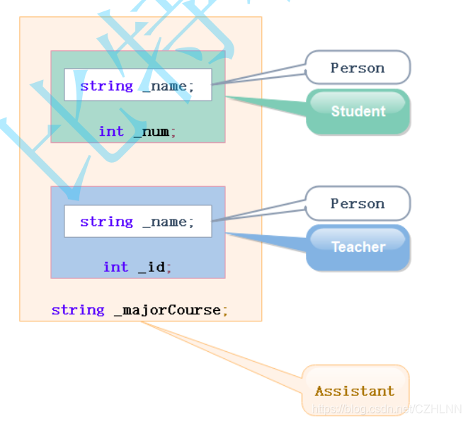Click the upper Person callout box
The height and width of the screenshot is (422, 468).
click(358, 68)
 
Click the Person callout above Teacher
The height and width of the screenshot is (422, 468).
click(358, 204)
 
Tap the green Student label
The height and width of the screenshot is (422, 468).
click(358, 111)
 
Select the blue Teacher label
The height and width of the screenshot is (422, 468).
click(358, 247)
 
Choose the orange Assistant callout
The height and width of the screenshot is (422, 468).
click(355, 391)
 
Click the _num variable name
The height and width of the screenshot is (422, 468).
click(152, 132)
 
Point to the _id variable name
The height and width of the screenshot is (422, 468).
click(152, 267)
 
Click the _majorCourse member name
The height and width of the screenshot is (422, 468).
click(167, 310)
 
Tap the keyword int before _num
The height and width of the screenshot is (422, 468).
click(111, 132)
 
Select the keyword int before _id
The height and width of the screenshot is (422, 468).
click(115, 267)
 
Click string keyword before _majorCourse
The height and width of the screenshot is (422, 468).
click(78, 310)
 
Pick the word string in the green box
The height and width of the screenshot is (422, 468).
click(106, 86)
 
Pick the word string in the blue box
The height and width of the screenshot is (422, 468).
click(106, 222)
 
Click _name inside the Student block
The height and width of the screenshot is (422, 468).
click(164, 86)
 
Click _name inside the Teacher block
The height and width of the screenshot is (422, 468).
click(164, 222)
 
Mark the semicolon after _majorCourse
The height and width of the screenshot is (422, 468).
click(225, 311)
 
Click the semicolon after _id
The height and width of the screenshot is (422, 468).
click(169, 268)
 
